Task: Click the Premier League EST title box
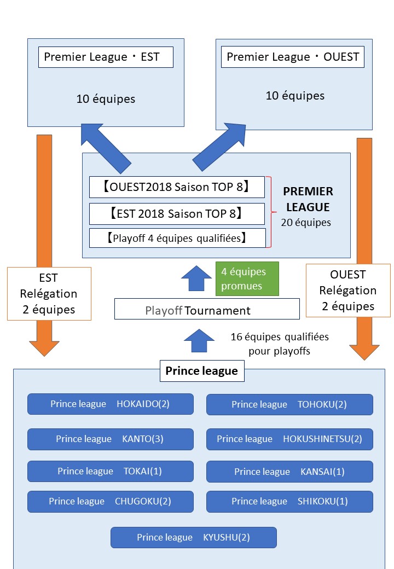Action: (106, 57)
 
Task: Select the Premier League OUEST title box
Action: (292, 57)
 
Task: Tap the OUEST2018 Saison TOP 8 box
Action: (177, 187)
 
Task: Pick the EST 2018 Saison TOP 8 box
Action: (177, 213)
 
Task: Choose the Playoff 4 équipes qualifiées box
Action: (177, 238)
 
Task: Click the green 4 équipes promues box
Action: (247, 278)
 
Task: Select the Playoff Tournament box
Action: (207, 309)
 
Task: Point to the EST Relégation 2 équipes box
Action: (49, 293)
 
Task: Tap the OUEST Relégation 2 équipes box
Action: (348, 290)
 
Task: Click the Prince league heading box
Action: (202, 371)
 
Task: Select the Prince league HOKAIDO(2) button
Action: (111, 404)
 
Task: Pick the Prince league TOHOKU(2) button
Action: (289, 405)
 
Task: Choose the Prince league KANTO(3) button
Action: (111, 439)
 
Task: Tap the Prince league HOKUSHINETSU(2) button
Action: (289, 439)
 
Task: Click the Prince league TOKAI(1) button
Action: (111, 471)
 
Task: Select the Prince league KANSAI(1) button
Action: (289, 472)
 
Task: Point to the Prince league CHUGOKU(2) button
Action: (111, 501)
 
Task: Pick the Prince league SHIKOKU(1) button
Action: (289, 501)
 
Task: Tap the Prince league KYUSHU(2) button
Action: (193, 537)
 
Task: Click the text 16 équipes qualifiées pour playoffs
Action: (280, 344)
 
